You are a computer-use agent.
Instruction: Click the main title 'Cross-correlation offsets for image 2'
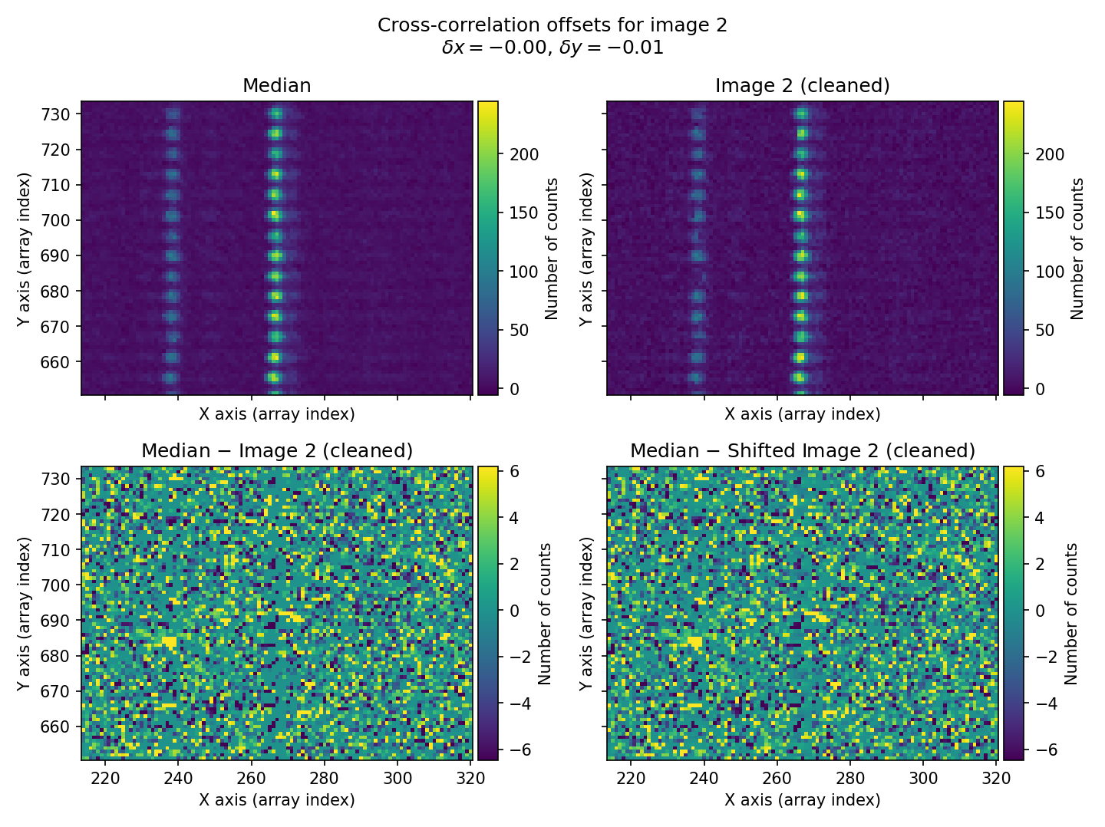tap(552, 25)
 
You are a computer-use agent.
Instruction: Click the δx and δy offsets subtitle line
tap(552, 48)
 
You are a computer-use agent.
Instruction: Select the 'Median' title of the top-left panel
tap(276, 86)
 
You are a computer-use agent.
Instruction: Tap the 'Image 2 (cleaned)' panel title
tap(802, 86)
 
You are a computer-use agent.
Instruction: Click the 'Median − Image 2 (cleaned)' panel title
tap(276, 451)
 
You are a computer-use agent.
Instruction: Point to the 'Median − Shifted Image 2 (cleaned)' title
tap(802, 451)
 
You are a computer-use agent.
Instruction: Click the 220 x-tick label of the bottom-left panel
tap(105, 778)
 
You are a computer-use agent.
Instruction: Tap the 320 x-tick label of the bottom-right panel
tap(996, 778)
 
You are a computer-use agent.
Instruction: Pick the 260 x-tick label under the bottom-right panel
tap(777, 778)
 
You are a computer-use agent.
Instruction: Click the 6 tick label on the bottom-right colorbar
tap(1040, 471)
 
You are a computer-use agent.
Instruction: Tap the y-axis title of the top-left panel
tap(25, 249)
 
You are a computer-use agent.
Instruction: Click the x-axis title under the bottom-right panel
tap(802, 800)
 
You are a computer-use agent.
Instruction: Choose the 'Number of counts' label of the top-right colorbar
tap(1077, 249)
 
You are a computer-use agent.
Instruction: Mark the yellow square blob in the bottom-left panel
tap(169, 641)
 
